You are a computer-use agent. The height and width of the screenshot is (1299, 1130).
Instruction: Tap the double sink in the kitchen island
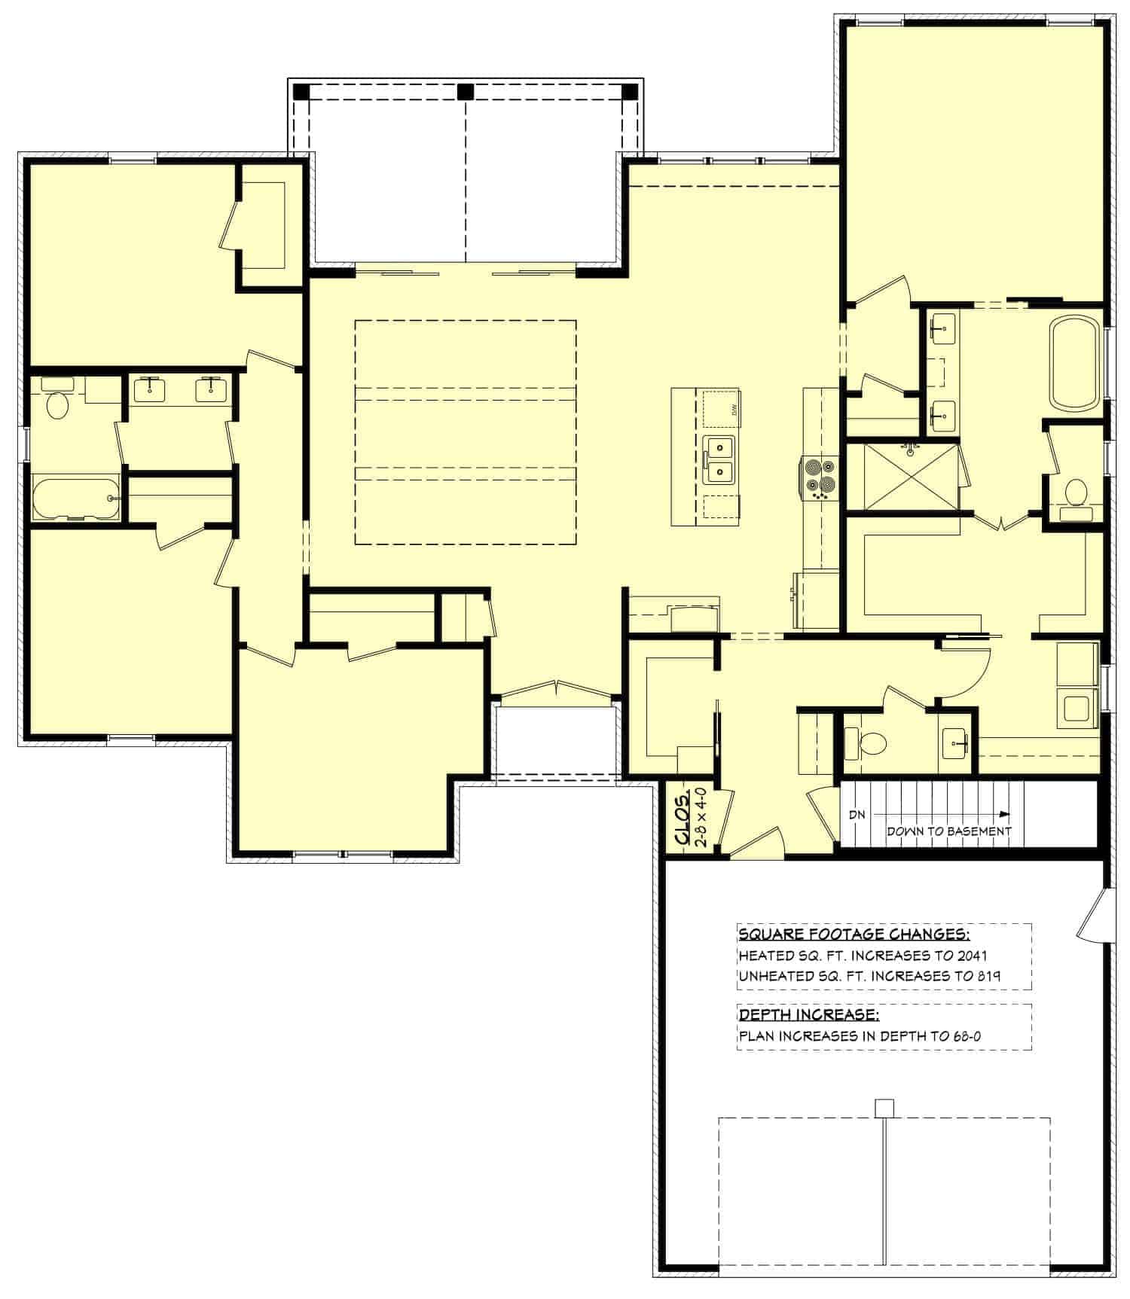coord(719,459)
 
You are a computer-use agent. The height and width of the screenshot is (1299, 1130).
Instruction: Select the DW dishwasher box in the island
coord(722,408)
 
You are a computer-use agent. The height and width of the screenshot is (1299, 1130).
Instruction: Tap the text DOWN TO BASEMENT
coord(948,831)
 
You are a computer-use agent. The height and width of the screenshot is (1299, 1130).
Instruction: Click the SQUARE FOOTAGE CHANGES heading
coord(854,935)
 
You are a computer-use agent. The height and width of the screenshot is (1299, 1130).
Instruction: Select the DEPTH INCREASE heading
coord(808,1014)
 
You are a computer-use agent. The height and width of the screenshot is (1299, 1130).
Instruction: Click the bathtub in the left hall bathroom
coord(75,499)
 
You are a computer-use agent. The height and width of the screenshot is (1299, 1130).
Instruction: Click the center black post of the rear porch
coord(465,91)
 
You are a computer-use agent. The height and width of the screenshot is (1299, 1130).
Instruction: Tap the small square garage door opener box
coord(884,1108)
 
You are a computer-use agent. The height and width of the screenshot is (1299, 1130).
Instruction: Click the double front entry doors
coord(556,688)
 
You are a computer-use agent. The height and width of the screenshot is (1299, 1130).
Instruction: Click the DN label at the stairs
coord(857,815)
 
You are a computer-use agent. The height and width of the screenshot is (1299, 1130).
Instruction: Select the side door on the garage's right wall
coord(1093,913)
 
